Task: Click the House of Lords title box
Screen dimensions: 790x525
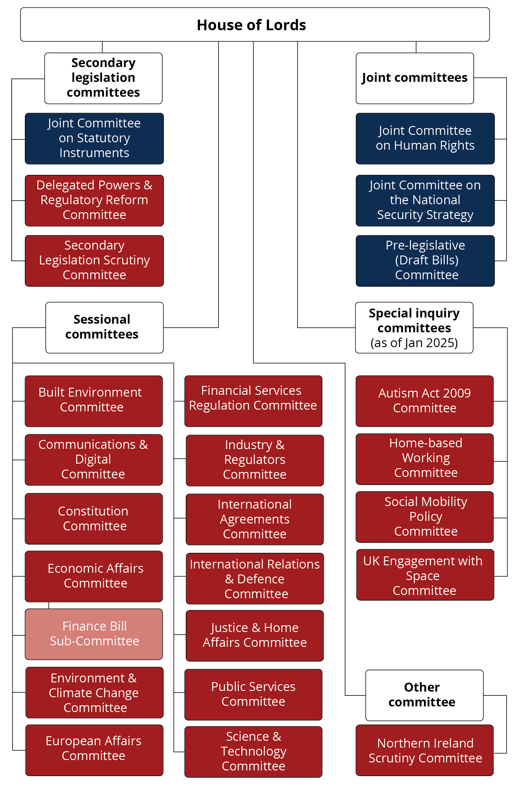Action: tap(255, 25)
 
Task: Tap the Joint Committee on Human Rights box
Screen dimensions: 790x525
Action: tap(425, 138)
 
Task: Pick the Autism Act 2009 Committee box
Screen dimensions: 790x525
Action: tap(424, 401)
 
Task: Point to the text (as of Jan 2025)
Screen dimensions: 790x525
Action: tap(414, 343)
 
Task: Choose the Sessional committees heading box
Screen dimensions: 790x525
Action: tap(104, 327)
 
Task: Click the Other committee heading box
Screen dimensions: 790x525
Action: tap(424, 695)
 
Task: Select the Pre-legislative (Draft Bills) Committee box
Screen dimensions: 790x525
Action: tap(425, 260)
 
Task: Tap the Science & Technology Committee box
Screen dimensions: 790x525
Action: tap(253, 751)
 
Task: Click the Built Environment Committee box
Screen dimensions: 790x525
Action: tap(94, 401)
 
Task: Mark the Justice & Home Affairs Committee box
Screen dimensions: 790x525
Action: tap(255, 635)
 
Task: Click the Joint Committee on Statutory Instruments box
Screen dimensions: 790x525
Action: tap(94, 138)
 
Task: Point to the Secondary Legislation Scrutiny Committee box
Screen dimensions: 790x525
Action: tap(94, 260)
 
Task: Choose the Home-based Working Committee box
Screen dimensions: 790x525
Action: tap(424, 459)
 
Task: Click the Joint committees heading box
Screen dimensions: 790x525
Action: tap(414, 78)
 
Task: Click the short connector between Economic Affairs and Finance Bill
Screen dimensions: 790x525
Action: tap(49, 605)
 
